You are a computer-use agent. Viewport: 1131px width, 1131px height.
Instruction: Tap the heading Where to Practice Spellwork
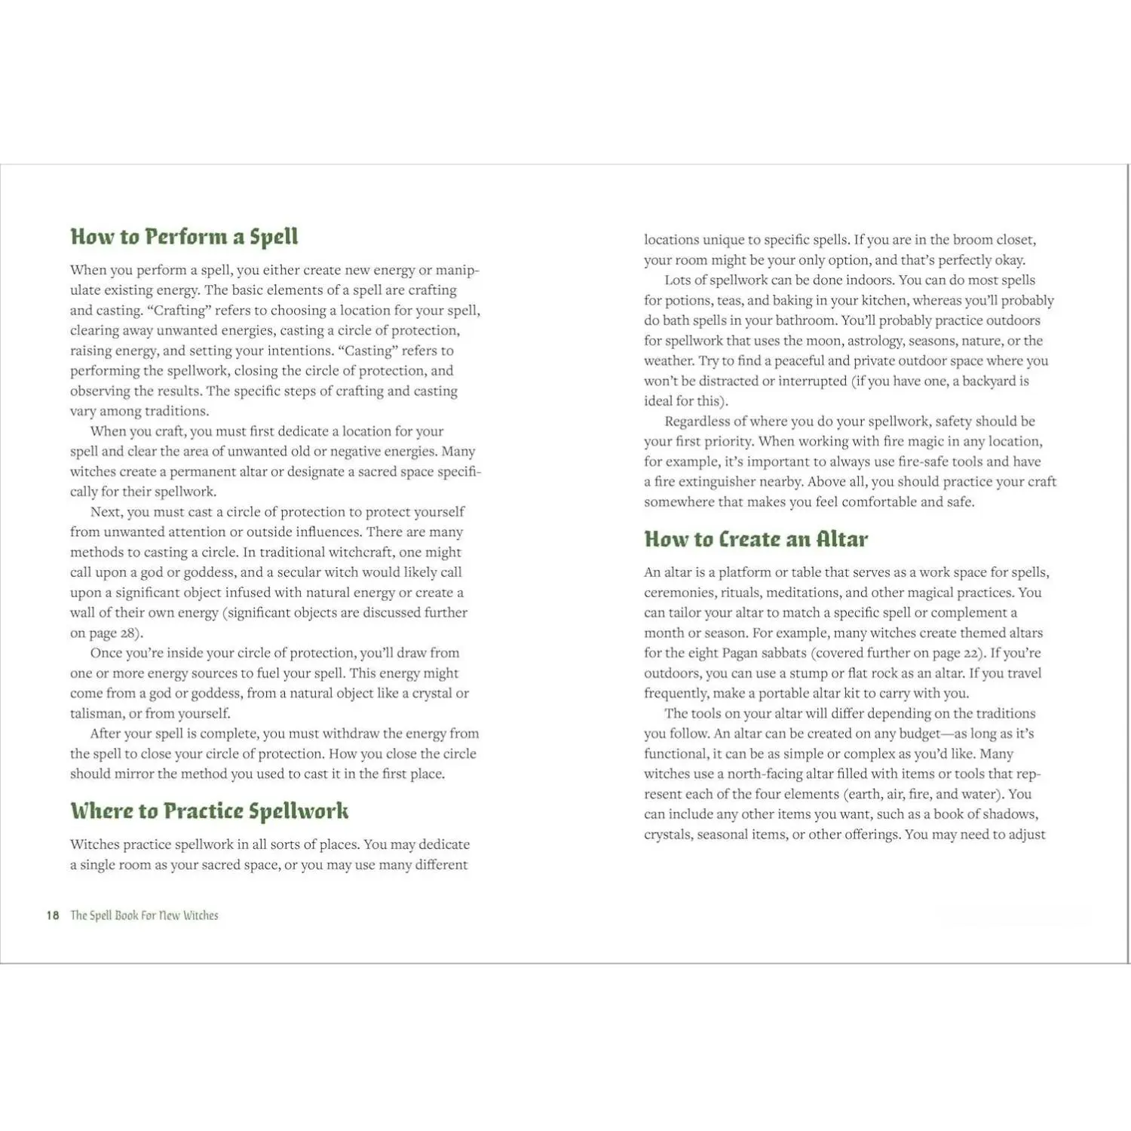pyautogui.click(x=210, y=811)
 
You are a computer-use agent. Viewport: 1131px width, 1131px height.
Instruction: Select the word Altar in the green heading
pyautogui.click(x=841, y=540)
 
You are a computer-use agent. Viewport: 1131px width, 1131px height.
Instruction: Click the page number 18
pyautogui.click(x=53, y=915)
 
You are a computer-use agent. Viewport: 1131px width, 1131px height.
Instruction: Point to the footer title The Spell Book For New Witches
pyautogui.click(x=144, y=915)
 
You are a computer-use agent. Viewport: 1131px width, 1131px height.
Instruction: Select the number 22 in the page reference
pyautogui.click(x=972, y=653)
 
